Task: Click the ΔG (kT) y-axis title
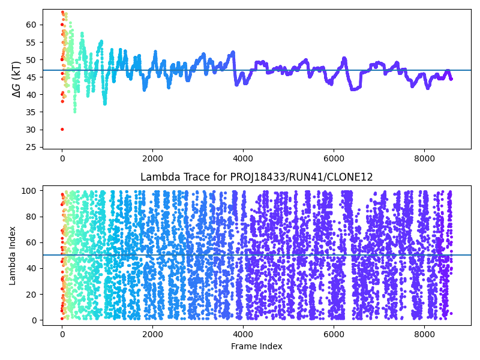tap(17, 79)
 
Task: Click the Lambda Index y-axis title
tap(13, 255)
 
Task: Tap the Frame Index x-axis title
tap(256, 346)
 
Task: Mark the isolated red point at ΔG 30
tap(62, 129)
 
